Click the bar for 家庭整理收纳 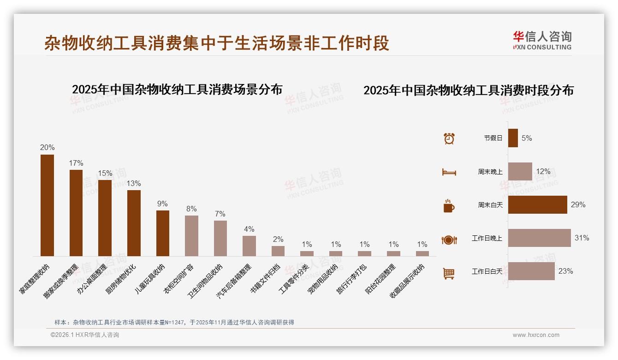click(x=47, y=205)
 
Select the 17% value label click(x=76, y=163)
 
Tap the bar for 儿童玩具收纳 click(x=163, y=233)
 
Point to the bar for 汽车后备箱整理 click(x=249, y=246)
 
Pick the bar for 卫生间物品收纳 click(x=220, y=238)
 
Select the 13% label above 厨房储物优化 click(x=134, y=184)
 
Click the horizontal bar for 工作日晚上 click(x=539, y=238)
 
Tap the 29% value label click(x=578, y=205)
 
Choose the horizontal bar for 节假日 click(x=513, y=138)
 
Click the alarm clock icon click(x=449, y=138)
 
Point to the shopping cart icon click(x=449, y=273)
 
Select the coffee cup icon click(x=449, y=206)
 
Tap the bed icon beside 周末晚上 click(x=449, y=172)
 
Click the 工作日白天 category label click(x=487, y=271)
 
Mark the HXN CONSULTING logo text click(x=542, y=47)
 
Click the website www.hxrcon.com click(x=536, y=335)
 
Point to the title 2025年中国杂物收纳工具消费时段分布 click(x=469, y=90)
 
